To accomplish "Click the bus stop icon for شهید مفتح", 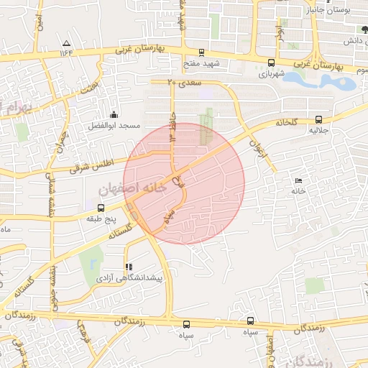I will [x=201, y=52].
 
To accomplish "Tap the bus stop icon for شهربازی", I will [x=270, y=63].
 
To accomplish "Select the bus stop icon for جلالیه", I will [x=318, y=120].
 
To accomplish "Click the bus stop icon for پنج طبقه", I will [x=100, y=208].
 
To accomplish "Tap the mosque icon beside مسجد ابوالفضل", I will [x=113, y=114].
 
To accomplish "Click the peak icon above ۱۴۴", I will [x=67, y=42].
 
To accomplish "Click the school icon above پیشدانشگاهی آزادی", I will [x=129, y=267].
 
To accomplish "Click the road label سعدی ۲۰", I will [x=162, y=83].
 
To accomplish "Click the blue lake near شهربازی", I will [x=320, y=81].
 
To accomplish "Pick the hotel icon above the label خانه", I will [x=299, y=180].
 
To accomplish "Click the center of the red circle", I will [x=184, y=183].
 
